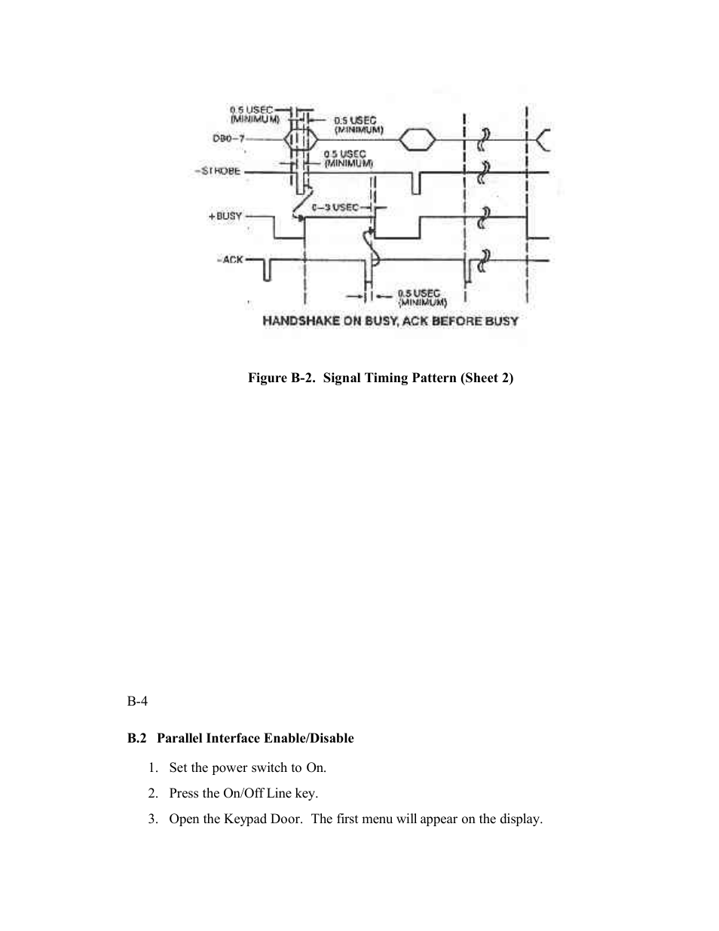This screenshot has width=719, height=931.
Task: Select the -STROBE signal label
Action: (218, 171)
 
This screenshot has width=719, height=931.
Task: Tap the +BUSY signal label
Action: (225, 216)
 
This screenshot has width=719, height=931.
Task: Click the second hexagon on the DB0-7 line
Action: (417, 139)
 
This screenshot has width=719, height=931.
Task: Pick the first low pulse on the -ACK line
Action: (267, 269)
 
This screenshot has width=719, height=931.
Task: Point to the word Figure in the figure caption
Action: (268, 378)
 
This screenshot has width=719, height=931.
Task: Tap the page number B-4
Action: (137, 701)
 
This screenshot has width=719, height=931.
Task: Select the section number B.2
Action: (136, 738)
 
